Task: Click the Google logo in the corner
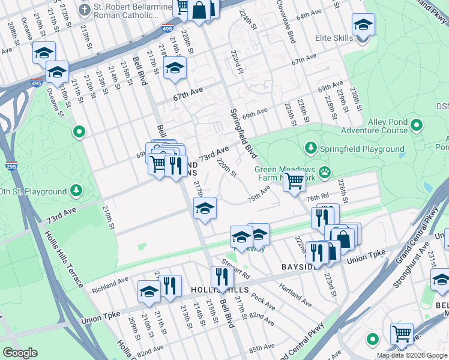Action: (x=20, y=353)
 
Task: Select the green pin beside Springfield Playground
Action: (x=310, y=148)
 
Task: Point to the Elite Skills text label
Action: (x=334, y=38)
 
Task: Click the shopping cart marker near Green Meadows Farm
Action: (x=294, y=179)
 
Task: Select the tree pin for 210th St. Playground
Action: (x=76, y=191)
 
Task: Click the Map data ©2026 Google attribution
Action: (x=412, y=355)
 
